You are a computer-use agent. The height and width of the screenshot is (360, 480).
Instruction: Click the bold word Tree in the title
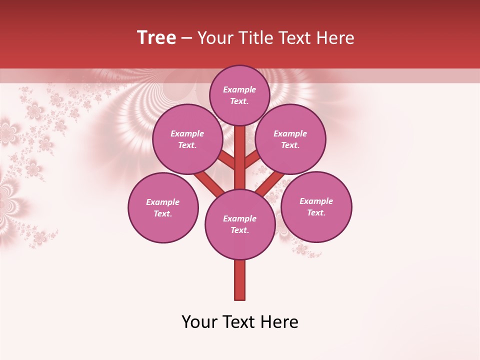pyautogui.click(x=156, y=38)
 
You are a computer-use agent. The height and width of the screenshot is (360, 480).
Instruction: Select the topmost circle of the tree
pyautogui.click(x=239, y=95)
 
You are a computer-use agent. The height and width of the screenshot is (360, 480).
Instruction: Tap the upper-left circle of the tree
pyautogui.click(x=187, y=139)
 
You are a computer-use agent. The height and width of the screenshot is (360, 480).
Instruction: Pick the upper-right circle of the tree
pyautogui.click(x=290, y=139)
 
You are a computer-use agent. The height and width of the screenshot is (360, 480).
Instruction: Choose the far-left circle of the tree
pyautogui.click(x=163, y=207)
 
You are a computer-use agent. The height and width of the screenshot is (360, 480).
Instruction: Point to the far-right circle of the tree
pyautogui.click(x=316, y=206)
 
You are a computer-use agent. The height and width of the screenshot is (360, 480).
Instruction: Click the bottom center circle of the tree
pyautogui.click(x=240, y=224)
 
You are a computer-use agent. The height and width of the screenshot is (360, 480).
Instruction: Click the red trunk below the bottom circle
pyautogui.click(x=240, y=280)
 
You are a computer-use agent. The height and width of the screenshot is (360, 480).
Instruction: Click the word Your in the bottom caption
pyautogui.click(x=199, y=322)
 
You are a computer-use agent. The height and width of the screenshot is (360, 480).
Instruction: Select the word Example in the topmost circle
pyautogui.click(x=239, y=89)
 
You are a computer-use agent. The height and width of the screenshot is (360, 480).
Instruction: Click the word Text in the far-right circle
pyautogui.click(x=315, y=212)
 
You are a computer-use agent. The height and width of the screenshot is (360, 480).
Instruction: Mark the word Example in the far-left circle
pyautogui.click(x=163, y=202)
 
